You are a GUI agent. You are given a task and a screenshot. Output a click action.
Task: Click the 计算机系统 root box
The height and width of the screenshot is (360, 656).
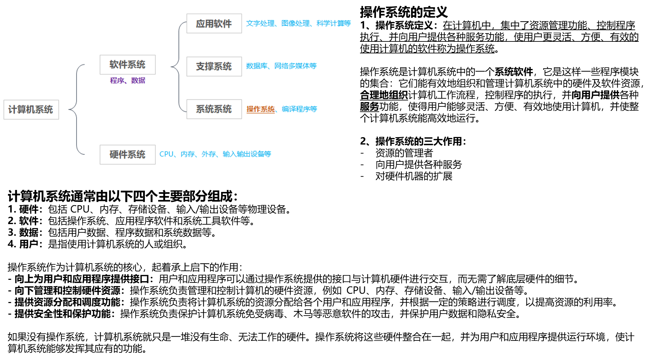[31, 110]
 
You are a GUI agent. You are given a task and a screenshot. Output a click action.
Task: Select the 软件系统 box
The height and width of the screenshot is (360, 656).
[128, 65]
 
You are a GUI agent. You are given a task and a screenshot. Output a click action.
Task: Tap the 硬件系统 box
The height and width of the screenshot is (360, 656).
[128, 154]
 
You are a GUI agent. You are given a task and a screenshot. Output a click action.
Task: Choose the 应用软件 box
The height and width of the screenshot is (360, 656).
[214, 24]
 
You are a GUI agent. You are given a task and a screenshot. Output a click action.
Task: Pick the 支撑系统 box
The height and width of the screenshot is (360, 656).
[214, 67]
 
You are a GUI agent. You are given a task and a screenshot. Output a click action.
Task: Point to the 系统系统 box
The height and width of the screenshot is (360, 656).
[214, 109]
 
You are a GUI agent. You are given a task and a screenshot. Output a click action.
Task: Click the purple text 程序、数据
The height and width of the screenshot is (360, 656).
[128, 81]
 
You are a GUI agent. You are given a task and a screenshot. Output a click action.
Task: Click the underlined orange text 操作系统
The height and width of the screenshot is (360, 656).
[261, 109]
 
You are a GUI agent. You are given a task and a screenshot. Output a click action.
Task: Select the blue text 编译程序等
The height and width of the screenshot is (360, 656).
[299, 109]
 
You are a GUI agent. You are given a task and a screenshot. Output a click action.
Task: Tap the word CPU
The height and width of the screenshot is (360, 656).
[166, 154]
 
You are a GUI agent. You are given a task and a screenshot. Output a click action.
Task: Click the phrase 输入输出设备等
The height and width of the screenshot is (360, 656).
[247, 154]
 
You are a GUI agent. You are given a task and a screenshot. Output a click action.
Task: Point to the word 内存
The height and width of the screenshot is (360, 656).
[188, 154]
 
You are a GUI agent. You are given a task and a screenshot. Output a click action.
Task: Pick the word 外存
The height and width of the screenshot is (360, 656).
[209, 154]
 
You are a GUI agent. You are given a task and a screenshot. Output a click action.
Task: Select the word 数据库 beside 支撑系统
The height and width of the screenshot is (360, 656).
[257, 66]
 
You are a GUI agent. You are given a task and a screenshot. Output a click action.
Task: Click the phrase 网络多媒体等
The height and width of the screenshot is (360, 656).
[295, 66]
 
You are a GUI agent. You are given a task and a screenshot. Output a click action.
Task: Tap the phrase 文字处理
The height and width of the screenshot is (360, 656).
[260, 24]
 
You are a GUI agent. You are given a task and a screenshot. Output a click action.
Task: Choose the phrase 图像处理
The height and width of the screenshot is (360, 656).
[295, 24]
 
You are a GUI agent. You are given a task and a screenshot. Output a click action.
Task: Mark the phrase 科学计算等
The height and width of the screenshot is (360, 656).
[333, 24]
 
